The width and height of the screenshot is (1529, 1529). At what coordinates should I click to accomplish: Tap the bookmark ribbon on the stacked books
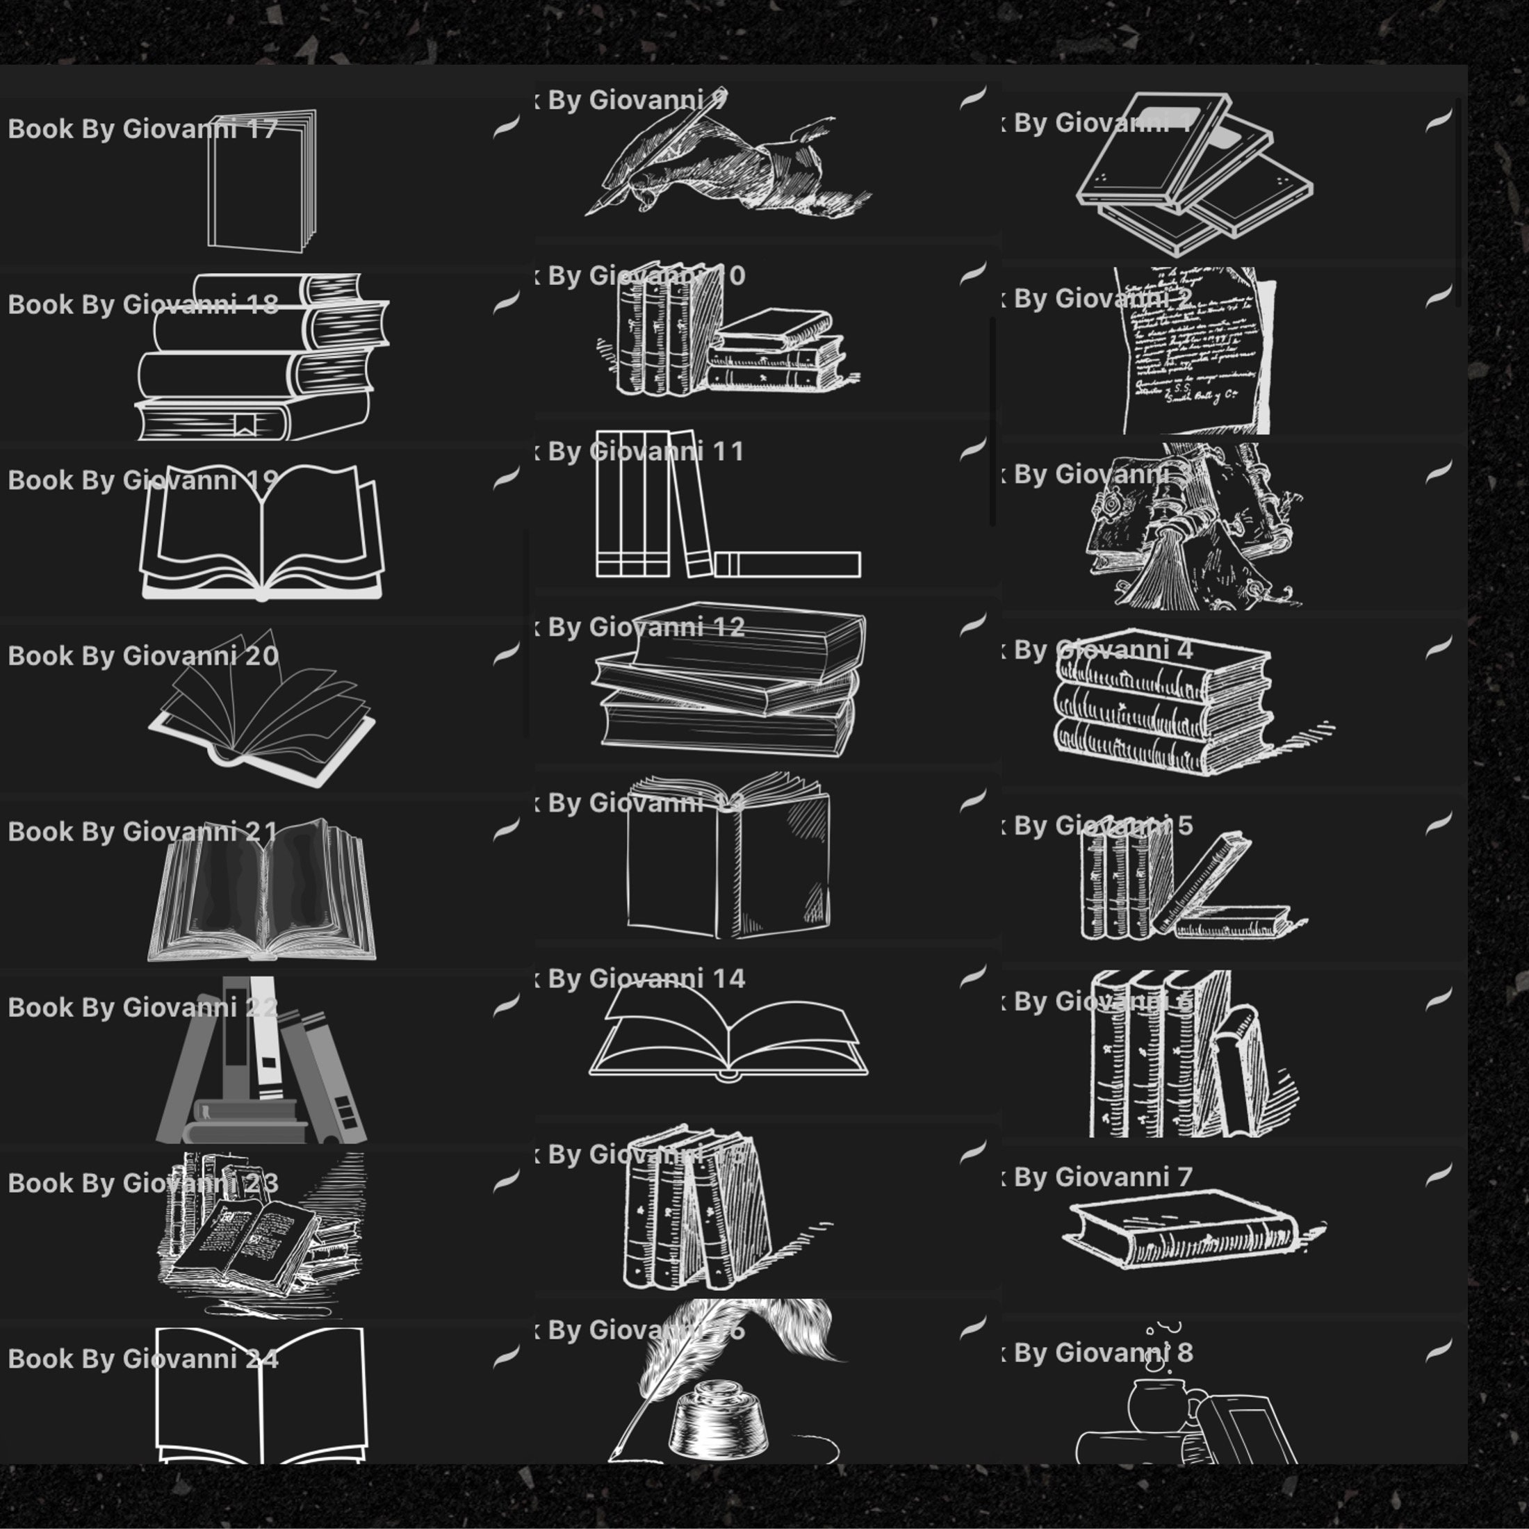(245, 425)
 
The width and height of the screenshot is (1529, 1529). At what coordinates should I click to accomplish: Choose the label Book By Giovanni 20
(142, 656)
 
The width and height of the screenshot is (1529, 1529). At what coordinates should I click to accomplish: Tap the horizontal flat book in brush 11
(787, 564)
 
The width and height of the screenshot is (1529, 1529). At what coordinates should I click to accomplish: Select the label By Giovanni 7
(1102, 1177)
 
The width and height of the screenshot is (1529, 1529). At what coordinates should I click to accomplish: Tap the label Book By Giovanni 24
(142, 1359)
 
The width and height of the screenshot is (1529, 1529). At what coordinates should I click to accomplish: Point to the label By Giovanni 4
(1102, 650)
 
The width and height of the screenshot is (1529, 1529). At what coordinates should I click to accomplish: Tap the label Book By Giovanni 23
(142, 1183)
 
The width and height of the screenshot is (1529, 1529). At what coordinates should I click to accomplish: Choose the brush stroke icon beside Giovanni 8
(1438, 1350)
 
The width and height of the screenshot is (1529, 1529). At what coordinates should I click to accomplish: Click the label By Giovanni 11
(646, 452)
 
